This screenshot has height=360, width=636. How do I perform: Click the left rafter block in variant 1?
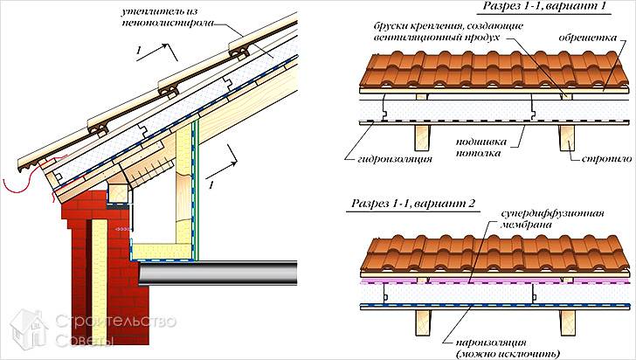tap(422, 135)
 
